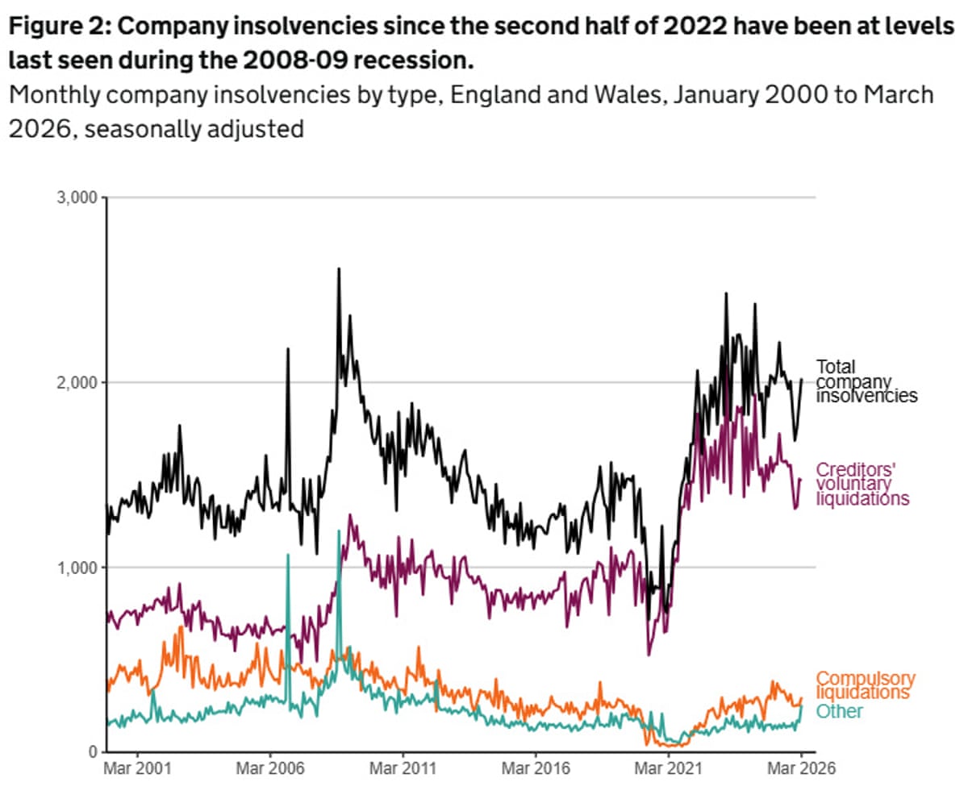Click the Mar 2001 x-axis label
[137, 769]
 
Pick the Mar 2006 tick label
[270, 769]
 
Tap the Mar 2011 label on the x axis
[403, 769]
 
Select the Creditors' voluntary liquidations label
[862, 484]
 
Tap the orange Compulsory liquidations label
[866, 685]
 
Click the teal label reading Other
[840, 711]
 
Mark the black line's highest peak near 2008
[339, 269]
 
